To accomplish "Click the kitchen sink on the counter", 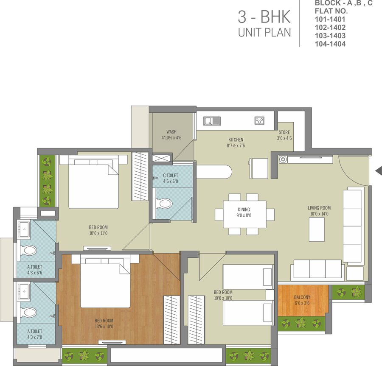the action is pos(212,121).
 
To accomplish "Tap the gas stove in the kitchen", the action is pos(259,120).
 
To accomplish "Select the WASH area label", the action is pos(171,131).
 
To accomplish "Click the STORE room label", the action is pos(284,132).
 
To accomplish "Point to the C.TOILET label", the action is pos(171,175).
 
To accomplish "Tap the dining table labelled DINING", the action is pos(244,215).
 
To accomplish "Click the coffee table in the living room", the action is pos(317,229).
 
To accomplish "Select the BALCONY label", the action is pos(302,297).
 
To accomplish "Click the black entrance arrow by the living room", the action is pos(379,170).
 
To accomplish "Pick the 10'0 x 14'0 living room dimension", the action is pos(319,214).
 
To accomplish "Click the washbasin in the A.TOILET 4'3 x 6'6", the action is pos(24,229).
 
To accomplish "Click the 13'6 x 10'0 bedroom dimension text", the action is pos(104,327).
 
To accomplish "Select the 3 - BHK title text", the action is pos(264,17).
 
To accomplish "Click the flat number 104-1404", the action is pos(330,44).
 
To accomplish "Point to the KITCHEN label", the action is pos(236,140).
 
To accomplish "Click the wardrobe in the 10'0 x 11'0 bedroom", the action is pos(140,176).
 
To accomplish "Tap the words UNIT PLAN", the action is pos(264,33).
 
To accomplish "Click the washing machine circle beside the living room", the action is pos(283,159).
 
